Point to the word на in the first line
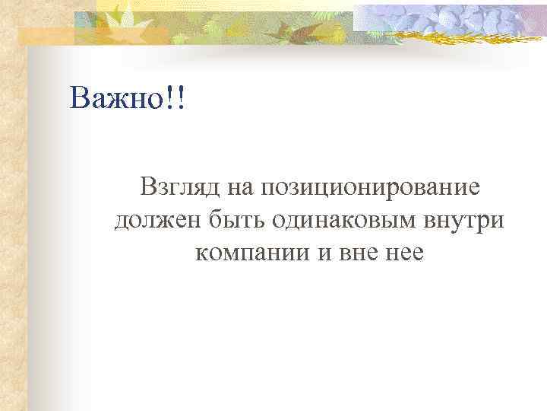coord(237,188)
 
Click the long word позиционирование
coord(370,188)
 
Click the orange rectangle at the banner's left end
coord(46,35)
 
